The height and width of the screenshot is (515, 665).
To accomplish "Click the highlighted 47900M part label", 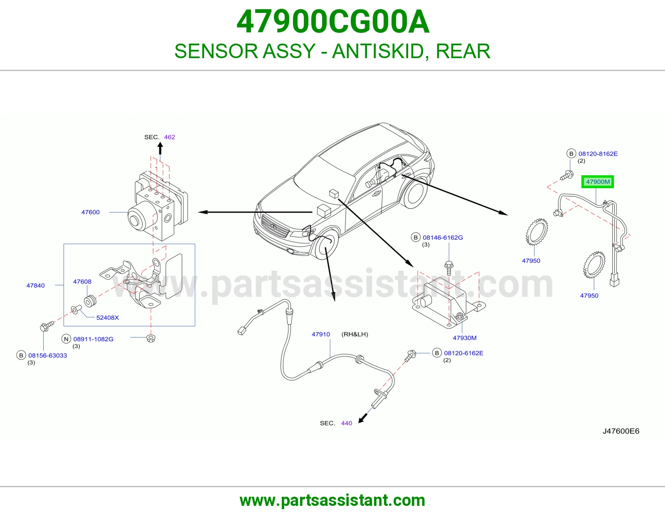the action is click(x=597, y=181).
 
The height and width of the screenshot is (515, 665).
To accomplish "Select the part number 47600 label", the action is click(x=90, y=212).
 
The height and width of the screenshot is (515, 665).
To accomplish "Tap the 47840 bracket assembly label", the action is click(x=35, y=285).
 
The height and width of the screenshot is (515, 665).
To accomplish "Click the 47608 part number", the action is click(x=82, y=281).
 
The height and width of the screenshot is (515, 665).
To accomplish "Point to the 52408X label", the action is click(x=107, y=317).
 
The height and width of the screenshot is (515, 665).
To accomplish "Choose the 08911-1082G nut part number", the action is click(x=94, y=339).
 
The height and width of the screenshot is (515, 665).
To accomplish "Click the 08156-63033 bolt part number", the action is click(x=47, y=356).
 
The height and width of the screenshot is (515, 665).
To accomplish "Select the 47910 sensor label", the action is click(x=321, y=334).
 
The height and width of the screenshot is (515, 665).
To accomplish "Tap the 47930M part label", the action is click(x=465, y=338).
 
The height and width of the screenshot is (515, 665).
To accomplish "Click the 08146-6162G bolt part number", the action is click(x=443, y=237).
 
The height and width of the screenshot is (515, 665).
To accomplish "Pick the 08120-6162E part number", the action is click(x=464, y=353).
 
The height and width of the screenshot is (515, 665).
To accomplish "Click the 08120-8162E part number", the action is click(x=598, y=154).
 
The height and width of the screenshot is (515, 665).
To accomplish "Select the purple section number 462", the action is click(x=170, y=137).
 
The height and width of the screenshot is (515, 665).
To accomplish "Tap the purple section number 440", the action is click(x=347, y=423).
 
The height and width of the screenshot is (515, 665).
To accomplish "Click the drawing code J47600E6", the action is click(x=621, y=431).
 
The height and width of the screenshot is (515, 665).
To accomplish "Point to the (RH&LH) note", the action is click(x=355, y=334).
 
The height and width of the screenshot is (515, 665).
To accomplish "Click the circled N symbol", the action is click(x=66, y=339).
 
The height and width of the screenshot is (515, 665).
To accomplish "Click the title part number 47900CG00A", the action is click(x=332, y=22).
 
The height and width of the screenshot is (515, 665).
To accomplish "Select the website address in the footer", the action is click(x=332, y=500).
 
